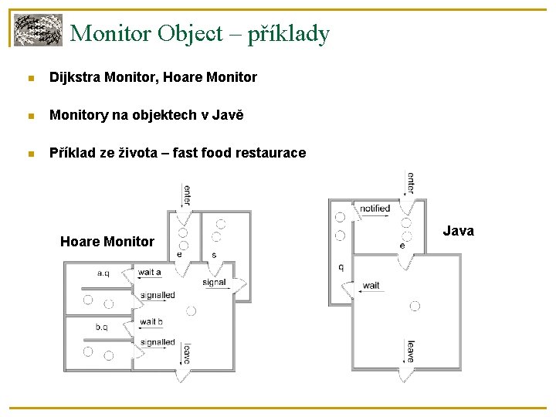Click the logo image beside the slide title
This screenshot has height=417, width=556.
(x=38, y=30)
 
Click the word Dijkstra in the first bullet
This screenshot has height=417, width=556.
(x=74, y=77)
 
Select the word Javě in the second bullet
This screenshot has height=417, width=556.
(x=228, y=115)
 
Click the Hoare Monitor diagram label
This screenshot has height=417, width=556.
(x=107, y=242)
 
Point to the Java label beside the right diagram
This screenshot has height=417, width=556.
(x=459, y=231)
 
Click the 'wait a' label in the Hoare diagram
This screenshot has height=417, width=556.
(x=149, y=272)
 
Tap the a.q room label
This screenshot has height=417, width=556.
(x=103, y=273)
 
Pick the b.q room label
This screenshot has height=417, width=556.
(x=102, y=327)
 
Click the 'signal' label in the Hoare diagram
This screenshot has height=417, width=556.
(x=214, y=282)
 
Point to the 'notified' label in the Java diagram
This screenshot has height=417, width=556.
(x=375, y=208)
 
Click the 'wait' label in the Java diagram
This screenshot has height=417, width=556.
(x=371, y=286)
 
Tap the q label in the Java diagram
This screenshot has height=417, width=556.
(x=341, y=267)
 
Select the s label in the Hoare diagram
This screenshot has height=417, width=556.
(x=214, y=254)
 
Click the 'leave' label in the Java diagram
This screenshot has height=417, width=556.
(x=410, y=351)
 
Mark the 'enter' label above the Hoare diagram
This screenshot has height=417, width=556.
(x=186, y=194)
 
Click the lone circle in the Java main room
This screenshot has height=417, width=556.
(x=415, y=307)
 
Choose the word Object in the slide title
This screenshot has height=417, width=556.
(x=188, y=33)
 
